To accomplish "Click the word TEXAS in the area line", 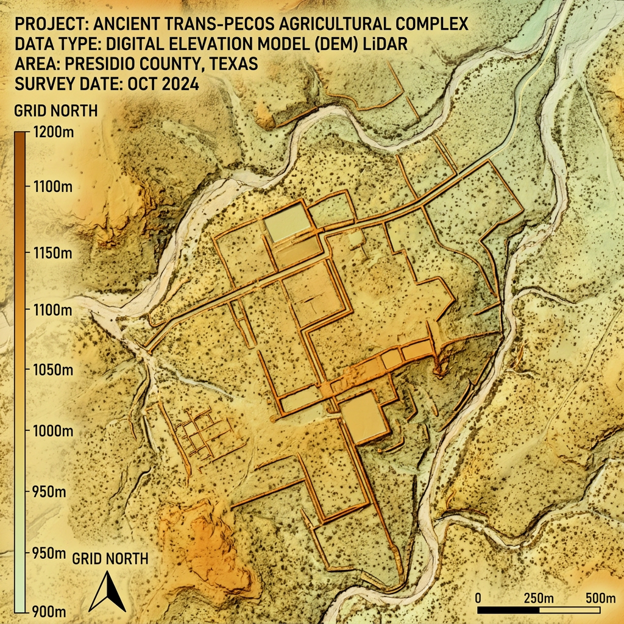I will [x=232, y=64].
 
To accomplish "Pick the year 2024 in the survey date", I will [x=179, y=84].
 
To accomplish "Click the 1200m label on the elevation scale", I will [x=51, y=132].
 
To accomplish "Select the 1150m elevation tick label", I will [x=51, y=252].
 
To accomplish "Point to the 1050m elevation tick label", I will [x=51, y=371].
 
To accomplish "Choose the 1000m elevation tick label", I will [x=51, y=431].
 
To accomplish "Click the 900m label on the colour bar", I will [x=49, y=611].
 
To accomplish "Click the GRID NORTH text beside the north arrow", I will [x=110, y=558].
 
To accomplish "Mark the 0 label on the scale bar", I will [x=478, y=597].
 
